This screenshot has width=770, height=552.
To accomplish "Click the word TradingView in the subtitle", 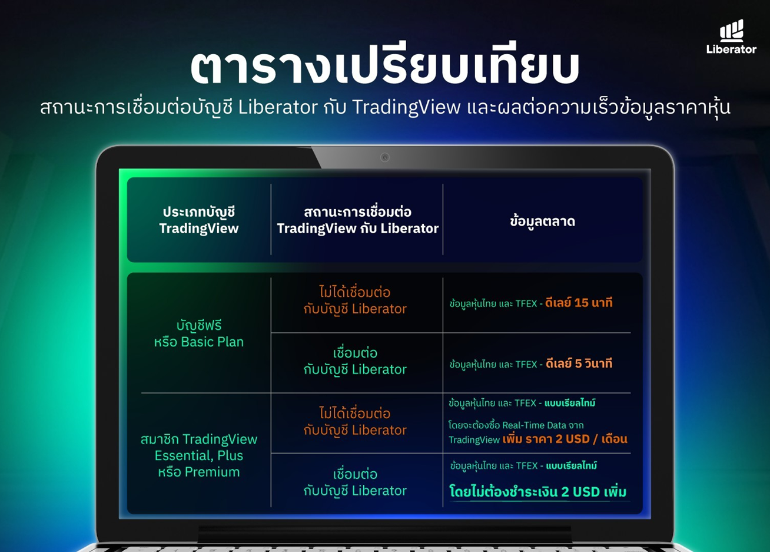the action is [x=406, y=107].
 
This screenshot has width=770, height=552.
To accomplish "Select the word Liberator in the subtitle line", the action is [x=278, y=107].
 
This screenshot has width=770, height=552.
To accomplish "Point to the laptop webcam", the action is [x=384, y=157].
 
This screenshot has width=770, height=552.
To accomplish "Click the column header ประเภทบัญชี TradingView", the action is [x=199, y=220].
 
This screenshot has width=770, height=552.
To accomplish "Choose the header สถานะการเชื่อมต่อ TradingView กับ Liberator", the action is [x=357, y=220].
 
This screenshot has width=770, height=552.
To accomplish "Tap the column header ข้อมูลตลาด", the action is [x=542, y=221].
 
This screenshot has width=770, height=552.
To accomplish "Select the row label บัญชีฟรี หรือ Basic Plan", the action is [x=199, y=333].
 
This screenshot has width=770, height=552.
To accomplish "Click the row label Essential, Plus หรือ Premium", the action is [x=199, y=464].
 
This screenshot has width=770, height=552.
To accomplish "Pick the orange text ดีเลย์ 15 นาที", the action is [x=579, y=303].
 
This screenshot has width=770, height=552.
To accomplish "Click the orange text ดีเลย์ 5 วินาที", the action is [x=579, y=363].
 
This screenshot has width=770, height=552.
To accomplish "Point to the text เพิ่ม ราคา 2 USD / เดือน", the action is [x=565, y=439].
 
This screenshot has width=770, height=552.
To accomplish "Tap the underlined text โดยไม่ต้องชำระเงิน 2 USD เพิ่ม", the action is [x=538, y=491].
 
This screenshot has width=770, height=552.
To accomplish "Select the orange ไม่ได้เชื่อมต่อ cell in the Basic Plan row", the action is [x=355, y=300].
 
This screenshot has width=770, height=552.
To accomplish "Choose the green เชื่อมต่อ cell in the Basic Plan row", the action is [x=355, y=361].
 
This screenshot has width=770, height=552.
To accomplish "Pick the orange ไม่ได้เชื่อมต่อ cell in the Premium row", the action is [x=355, y=422].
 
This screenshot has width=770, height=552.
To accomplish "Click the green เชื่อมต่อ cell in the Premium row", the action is [x=355, y=482].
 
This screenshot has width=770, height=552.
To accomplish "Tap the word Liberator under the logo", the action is [x=732, y=49].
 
